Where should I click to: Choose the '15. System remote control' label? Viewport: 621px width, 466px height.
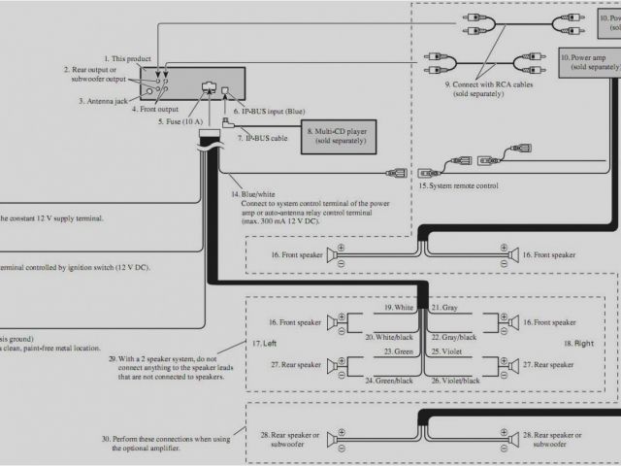[x=459, y=185]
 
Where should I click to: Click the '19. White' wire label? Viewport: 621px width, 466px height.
[x=399, y=308]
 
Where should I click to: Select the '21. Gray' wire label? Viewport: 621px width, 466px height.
[x=443, y=308]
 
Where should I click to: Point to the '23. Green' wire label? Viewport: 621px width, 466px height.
[x=400, y=351]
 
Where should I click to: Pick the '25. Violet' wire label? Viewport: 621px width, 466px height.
[x=446, y=351]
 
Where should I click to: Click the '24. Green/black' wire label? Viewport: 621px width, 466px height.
[x=390, y=380]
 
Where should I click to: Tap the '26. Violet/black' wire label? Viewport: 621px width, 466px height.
[x=456, y=380]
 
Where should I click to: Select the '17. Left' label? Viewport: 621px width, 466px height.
[x=264, y=344]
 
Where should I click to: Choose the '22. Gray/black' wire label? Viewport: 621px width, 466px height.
[x=455, y=336]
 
